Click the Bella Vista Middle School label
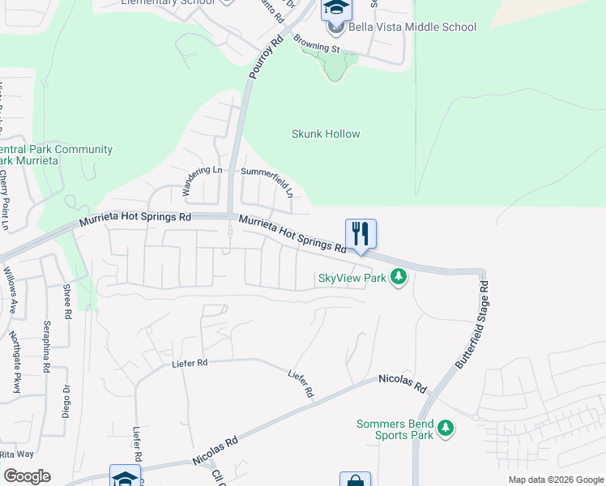412,27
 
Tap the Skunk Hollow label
326,134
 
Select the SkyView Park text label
351,278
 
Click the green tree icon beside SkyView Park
398,278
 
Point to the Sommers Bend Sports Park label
395,428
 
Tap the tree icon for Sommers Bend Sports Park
445,427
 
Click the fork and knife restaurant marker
361,234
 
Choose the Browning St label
317,49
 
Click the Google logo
27,476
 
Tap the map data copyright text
557,480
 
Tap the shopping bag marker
355,480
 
